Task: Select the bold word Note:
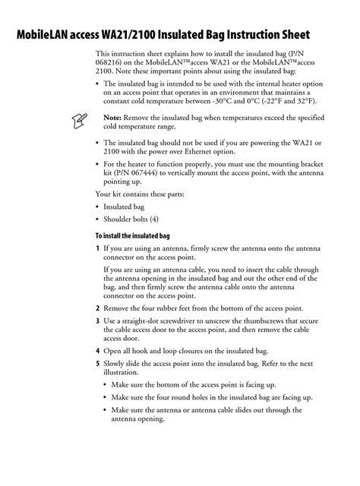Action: [112, 117]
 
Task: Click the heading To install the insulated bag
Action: [137, 235]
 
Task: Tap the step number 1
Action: [97, 248]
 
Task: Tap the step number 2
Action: [97, 308]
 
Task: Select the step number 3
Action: [97, 321]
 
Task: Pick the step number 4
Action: [97, 351]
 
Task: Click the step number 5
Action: [97, 364]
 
